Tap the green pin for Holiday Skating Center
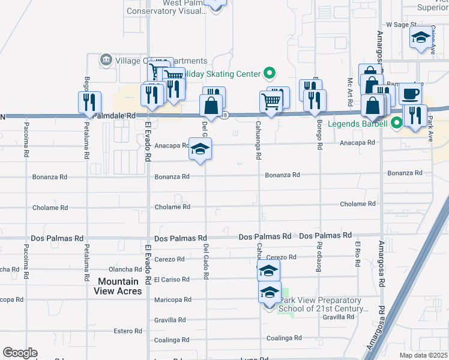(x=270, y=74)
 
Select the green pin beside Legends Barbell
(x=396, y=124)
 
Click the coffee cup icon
(x=410, y=94)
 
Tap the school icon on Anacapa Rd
(x=200, y=148)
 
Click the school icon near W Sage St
(x=421, y=37)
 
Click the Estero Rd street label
(x=128, y=331)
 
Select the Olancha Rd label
(x=124, y=270)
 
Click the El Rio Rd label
(x=357, y=251)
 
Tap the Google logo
(x=20, y=353)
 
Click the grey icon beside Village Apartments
(x=106, y=59)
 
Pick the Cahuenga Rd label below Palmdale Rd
(x=259, y=144)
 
